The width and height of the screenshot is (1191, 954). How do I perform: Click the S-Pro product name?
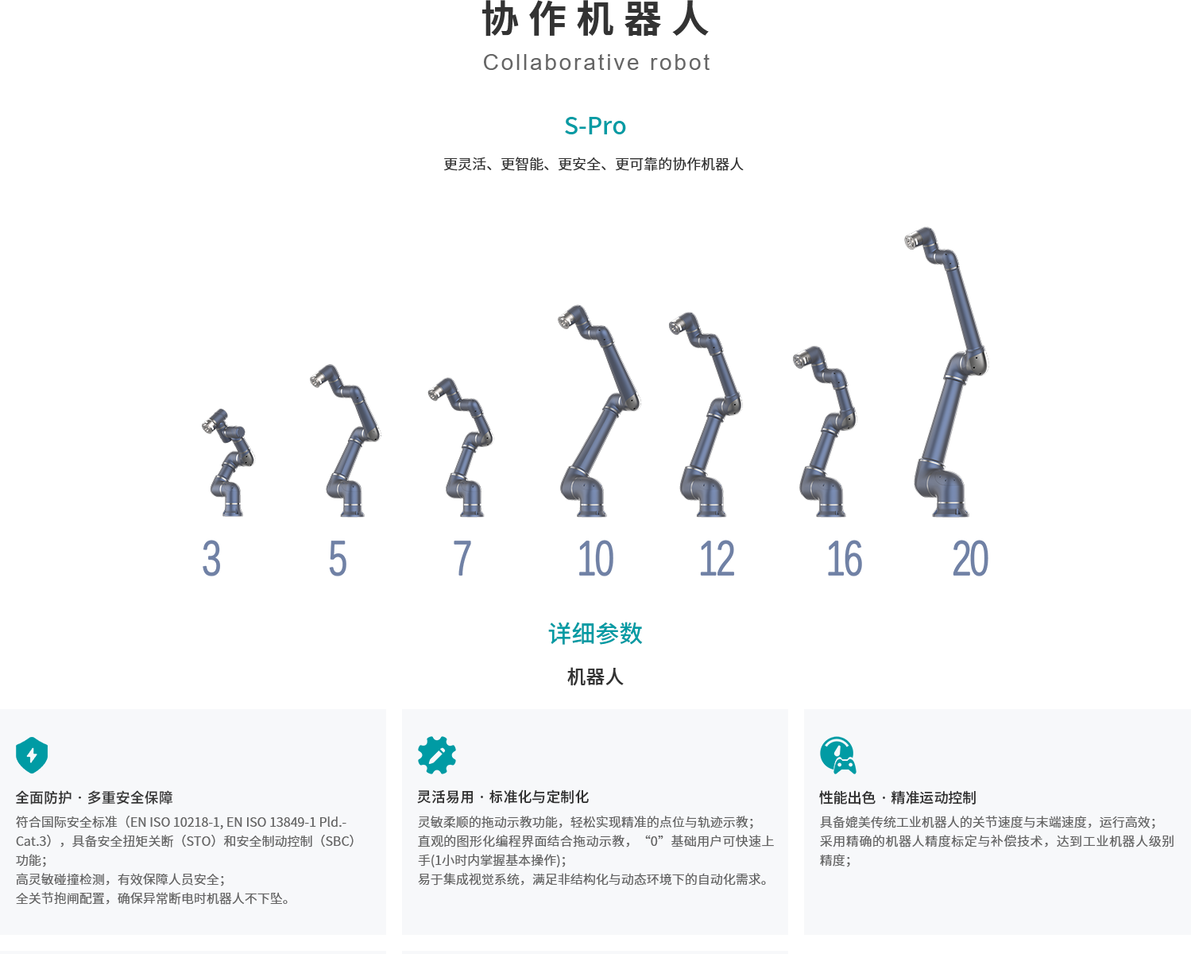(595, 126)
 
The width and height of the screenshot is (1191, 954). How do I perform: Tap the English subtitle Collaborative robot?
(597, 63)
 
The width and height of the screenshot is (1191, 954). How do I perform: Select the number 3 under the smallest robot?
(211, 559)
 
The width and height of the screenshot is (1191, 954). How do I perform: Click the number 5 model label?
(338, 559)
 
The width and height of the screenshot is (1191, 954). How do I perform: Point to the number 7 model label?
(462, 558)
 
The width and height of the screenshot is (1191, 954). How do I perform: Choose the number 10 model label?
(596, 559)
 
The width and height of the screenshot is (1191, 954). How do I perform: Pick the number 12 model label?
(717, 558)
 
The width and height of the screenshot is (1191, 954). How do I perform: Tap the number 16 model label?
(844, 559)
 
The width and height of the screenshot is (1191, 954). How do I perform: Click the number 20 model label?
(970, 559)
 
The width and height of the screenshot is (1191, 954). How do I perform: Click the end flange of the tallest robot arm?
(911, 241)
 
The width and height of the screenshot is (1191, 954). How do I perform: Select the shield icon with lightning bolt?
(32, 754)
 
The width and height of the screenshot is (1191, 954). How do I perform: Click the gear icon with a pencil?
(437, 754)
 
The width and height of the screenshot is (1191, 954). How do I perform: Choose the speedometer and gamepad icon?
(838, 754)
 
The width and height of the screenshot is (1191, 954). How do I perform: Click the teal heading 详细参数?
(596, 634)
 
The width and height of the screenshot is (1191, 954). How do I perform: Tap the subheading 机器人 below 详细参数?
(596, 677)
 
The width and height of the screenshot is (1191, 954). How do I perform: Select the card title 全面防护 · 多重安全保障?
(94, 797)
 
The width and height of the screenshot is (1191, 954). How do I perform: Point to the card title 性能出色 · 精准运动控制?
(898, 797)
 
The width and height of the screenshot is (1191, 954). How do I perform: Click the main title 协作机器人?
(596, 19)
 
